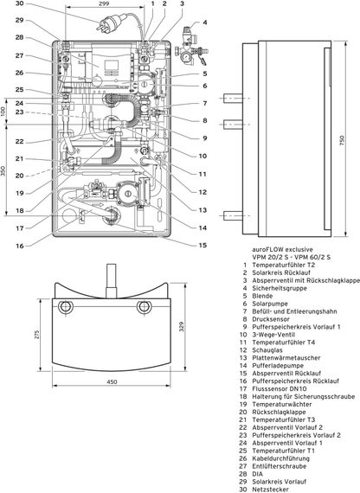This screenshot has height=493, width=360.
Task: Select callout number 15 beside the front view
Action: point(203,245)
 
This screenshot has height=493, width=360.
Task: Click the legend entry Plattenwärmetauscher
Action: point(294,359)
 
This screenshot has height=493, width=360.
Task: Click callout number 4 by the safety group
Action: point(205,21)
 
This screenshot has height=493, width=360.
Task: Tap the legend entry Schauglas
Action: point(272,351)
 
